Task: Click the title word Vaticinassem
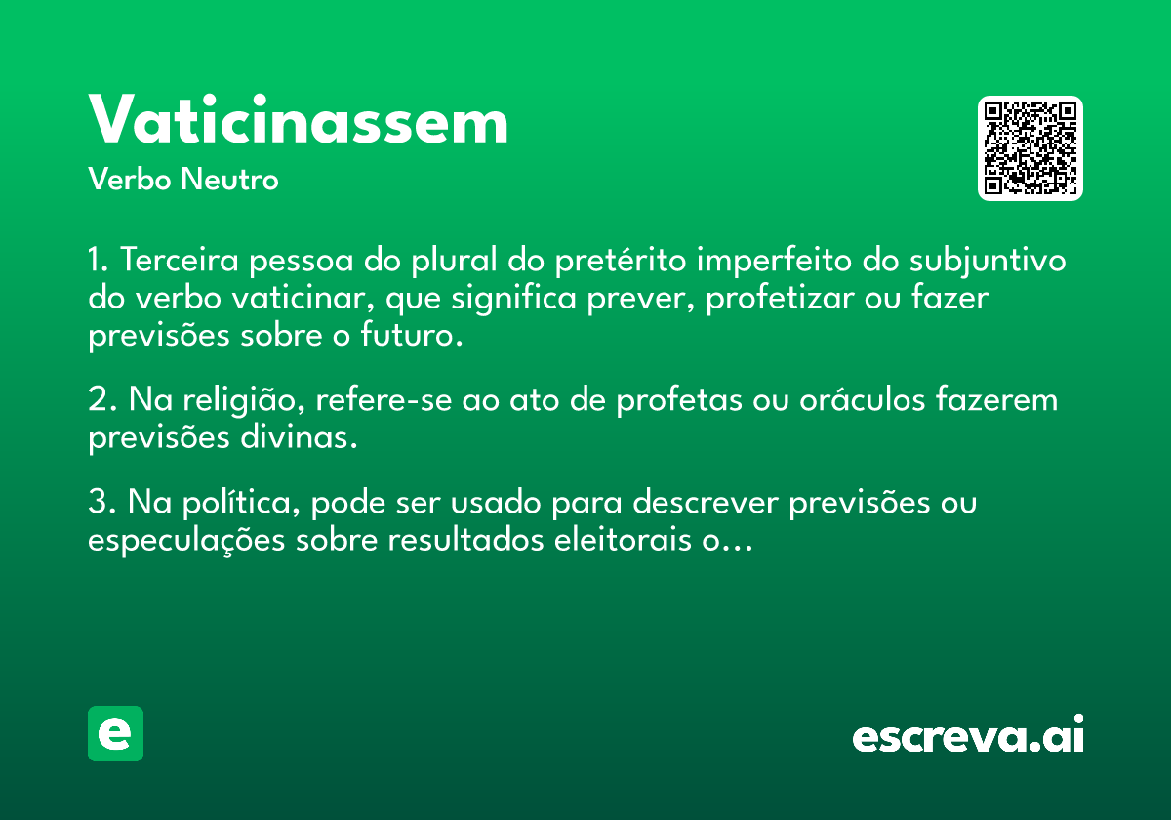(298, 119)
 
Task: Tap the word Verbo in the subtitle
(130, 179)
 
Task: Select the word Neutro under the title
(229, 179)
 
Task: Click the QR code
(1030, 148)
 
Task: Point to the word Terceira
(180, 260)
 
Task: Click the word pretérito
(621, 261)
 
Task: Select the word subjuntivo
(988, 261)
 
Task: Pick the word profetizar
(780, 298)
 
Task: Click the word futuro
(412, 335)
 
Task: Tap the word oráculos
(863, 398)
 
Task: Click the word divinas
(299, 437)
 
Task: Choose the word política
(241, 503)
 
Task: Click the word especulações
(186, 541)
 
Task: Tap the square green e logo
(115, 733)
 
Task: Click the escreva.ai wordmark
(968, 733)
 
